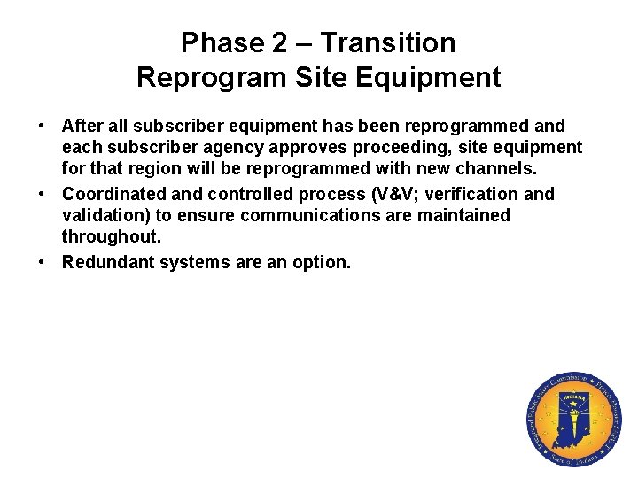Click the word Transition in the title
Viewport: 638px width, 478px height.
tap(388, 42)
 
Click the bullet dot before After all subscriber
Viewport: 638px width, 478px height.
tap(43, 127)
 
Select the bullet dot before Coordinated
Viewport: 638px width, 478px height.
tap(43, 194)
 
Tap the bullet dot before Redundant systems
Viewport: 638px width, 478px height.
tap(43, 262)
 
